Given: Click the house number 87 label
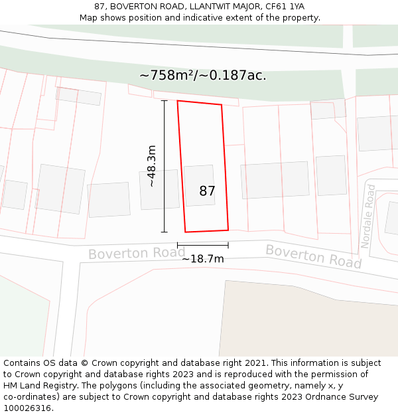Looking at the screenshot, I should click(x=207, y=191).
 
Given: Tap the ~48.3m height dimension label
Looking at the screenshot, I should click(x=152, y=166).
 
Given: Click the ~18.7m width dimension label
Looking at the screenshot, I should click(x=203, y=259).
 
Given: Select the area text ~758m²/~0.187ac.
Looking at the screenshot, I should click(x=203, y=75).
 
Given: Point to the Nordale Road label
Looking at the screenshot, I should click(x=368, y=216).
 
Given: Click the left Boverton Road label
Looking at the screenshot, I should click(x=136, y=254).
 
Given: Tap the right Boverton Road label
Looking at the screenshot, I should click(x=314, y=256).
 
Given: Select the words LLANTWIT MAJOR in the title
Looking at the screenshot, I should click(x=222, y=6).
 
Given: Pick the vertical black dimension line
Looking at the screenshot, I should click(x=165, y=166).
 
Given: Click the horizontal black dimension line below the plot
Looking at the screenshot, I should click(x=203, y=246).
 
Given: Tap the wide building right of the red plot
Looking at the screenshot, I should click(x=275, y=179).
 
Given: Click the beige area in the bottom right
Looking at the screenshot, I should click(x=312, y=319).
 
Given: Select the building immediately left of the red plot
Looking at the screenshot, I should click(x=159, y=189).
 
